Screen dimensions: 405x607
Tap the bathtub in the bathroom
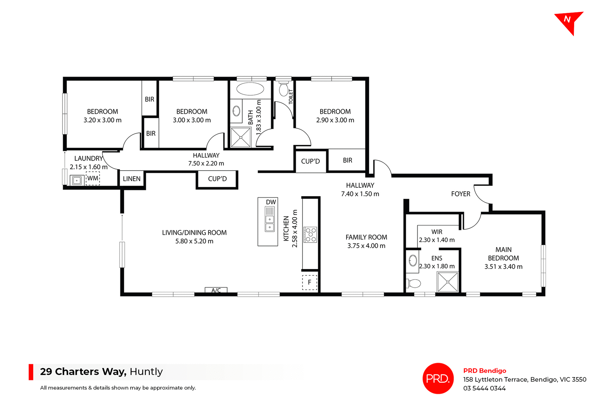point(250,89)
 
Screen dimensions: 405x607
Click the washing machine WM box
point(93,178)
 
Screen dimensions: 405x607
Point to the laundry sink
point(77,181)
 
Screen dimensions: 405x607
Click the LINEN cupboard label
point(132,179)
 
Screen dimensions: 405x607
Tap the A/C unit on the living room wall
point(216,290)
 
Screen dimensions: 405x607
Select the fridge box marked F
point(310,282)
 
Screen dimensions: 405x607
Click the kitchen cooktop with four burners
point(310,235)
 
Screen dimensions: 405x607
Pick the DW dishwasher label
point(271,202)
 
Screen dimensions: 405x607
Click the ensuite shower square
point(447,282)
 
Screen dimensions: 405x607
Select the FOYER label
point(461,194)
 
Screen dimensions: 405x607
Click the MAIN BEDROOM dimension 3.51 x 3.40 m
point(503,267)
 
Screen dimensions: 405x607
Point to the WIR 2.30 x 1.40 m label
point(437,236)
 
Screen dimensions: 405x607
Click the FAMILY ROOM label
point(366,237)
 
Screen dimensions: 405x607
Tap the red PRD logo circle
point(438,378)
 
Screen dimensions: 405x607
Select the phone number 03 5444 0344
point(484,388)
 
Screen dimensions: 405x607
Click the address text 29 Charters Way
point(83,371)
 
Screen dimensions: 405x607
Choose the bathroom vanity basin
point(236,111)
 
